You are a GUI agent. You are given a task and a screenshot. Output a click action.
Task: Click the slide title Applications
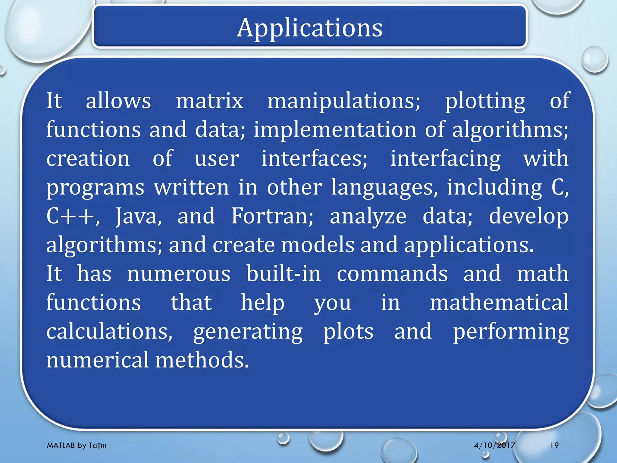309,28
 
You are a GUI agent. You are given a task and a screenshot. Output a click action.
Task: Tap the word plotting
485,101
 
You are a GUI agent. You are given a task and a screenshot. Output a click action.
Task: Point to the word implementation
335,130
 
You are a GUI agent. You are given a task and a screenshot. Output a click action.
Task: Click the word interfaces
314,159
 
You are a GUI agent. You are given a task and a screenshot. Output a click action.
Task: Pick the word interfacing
445,159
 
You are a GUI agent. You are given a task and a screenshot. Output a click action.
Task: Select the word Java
138,216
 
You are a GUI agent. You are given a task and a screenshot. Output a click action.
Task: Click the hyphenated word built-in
283,274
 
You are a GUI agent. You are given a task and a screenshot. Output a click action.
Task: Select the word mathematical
499,302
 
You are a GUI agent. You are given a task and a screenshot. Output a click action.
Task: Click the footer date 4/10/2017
494,445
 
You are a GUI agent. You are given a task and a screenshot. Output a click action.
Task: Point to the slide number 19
554,445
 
